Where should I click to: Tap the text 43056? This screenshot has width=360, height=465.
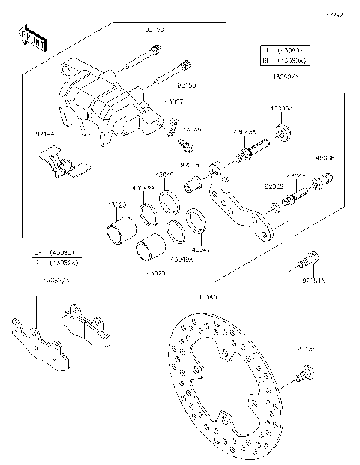pos(193,128)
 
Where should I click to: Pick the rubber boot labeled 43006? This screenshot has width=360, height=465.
pos(325,180)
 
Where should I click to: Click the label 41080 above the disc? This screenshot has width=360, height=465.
pos(207,297)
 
